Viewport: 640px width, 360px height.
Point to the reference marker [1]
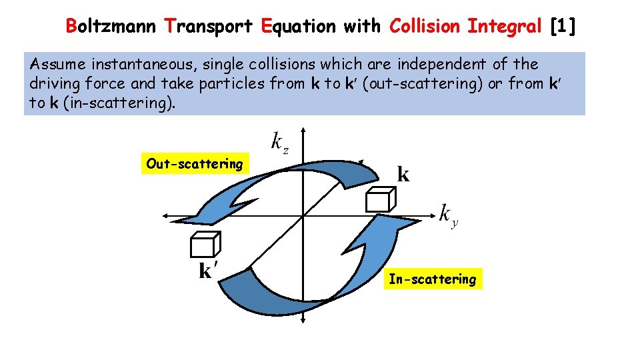click(563, 26)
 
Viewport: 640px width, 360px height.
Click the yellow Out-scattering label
click(195, 164)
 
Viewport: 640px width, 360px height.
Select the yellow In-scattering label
click(433, 279)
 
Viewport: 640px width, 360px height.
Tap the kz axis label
click(279, 142)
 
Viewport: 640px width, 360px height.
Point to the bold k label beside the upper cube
click(403, 175)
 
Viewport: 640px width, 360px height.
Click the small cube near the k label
click(381, 199)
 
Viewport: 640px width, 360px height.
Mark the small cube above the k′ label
click(205, 245)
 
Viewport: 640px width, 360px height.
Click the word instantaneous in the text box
click(144, 65)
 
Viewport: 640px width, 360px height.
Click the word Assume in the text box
click(59, 65)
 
